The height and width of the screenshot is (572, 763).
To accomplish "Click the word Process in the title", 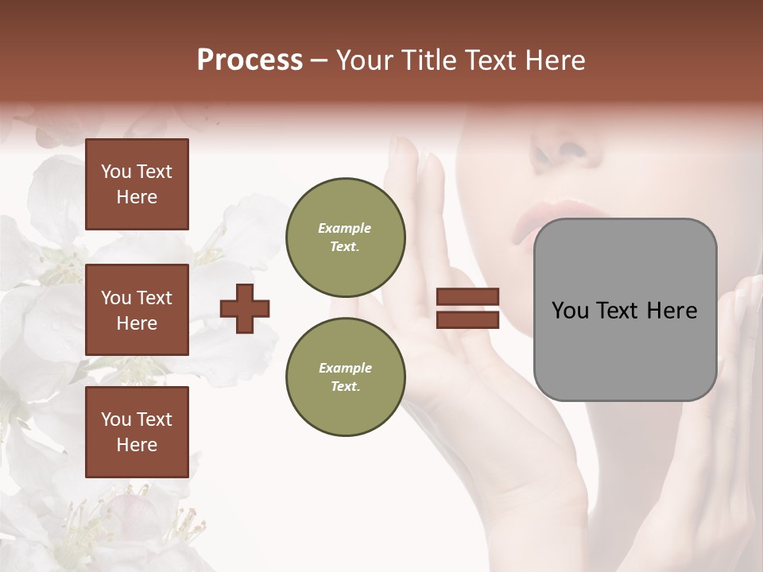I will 250,60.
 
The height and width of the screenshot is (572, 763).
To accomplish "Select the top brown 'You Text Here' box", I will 137,184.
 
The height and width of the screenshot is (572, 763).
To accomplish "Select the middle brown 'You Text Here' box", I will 137,310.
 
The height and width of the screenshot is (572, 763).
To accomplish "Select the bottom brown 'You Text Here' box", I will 137,431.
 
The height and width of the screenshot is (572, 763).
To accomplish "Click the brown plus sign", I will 245,308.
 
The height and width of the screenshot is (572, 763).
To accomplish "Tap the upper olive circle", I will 345,238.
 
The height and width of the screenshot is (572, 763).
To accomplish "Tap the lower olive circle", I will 345,377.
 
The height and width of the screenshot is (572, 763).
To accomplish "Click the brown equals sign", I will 467,308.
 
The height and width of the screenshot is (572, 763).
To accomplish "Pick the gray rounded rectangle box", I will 625,310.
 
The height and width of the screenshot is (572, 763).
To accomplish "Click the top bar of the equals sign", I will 467,297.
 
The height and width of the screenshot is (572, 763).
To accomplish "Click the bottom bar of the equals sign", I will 467,319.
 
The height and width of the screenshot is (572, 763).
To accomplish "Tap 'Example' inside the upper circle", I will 345,228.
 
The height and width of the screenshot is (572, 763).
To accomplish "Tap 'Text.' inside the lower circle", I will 345,386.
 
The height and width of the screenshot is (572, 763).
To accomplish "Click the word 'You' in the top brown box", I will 116,172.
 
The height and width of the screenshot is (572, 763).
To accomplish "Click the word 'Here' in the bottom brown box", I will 137,445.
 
